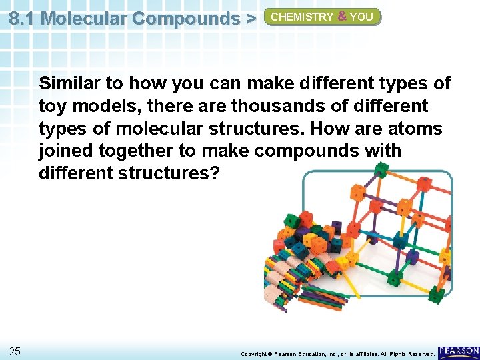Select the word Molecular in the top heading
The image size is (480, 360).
pyautogui.click(x=83, y=18)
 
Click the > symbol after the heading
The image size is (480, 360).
pyautogui.click(x=251, y=18)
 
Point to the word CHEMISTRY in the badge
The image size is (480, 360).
pyautogui.click(x=301, y=17)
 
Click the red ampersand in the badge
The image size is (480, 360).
pyautogui.click(x=342, y=17)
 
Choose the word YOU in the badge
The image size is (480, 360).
pyautogui.click(x=361, y=17)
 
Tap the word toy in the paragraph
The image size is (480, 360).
pyautogui.click(x=52, y=106)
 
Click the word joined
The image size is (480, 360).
pyautogui.click(x=65, y=151)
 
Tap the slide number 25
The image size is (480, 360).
pyautogui.click(x=15, y=351)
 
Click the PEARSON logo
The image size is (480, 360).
pyautogui.click(x=459, y=351)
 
